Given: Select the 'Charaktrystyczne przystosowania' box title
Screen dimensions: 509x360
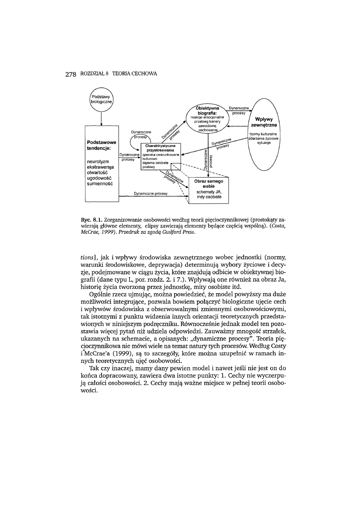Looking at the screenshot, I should (x=160, y=148).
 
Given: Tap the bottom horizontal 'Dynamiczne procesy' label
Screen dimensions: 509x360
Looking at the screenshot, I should (x=151, y=194).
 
